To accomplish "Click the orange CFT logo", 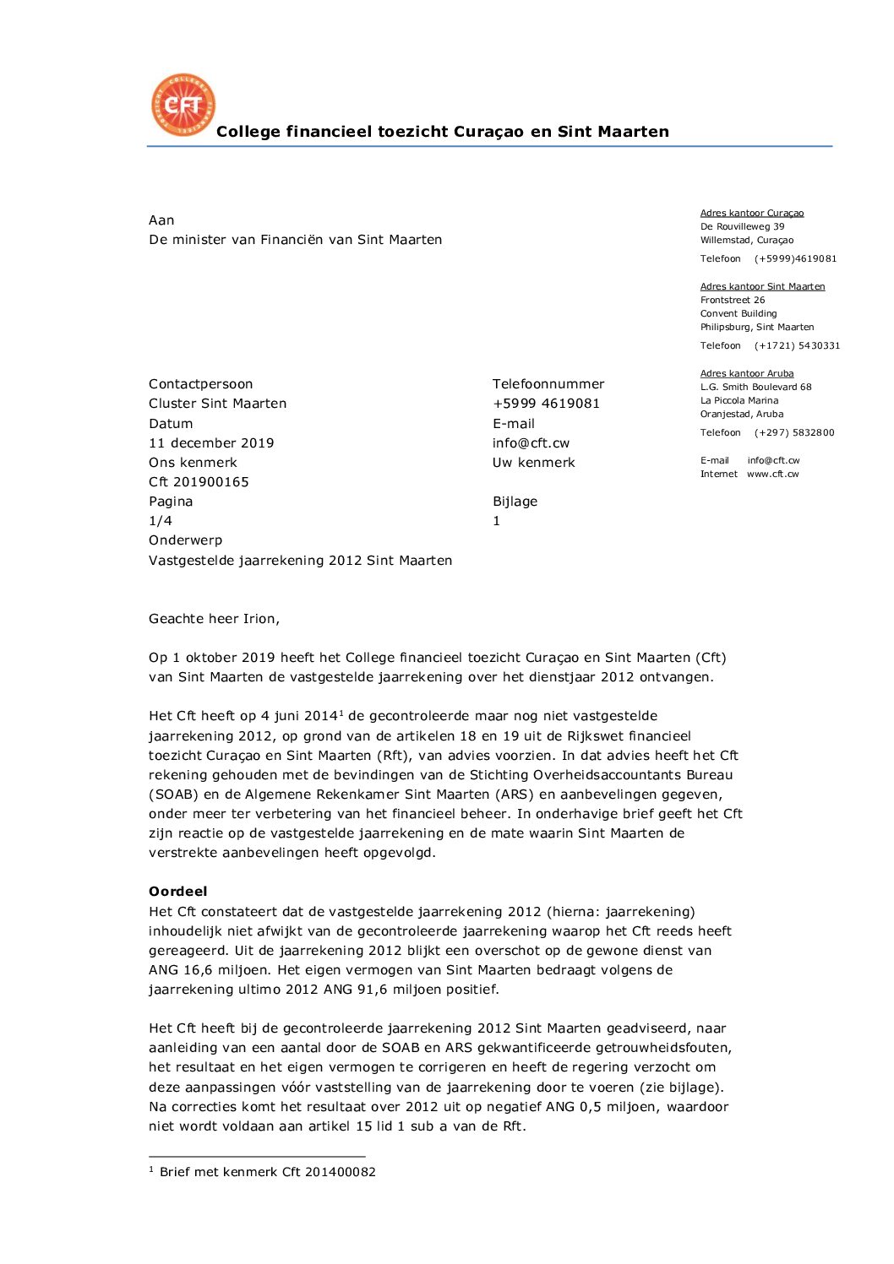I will pyautogui.click(x=183, y=106).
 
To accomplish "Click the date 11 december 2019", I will pyautogui.click(x=211, y=443).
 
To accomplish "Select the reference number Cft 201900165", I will pyautogui.click(x=199, y=482).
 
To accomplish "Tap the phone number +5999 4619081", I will pyautogui.click(x=546, y=404).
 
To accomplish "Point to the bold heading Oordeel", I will pyautogui.click(x=177, y=892).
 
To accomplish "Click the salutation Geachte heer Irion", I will pyautogui.click(x=214, y=619).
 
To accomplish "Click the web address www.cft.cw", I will pyautogui.click(x=772, y=474).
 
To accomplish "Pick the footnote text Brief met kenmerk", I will pyautogui.click(x=267, y=1172).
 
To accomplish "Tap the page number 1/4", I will pyautogui.click(x=161, y=521).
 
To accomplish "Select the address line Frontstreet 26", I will pyautogui.click(x=733, y=300).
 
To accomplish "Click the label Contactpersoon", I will pyautogui.click(x=200, y=384).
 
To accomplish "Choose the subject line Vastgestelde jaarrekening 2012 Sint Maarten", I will pyautogui.click(x=300, y=561).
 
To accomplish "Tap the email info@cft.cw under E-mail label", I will pyautogui.click(x=531, y=443).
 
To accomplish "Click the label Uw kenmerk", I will pyautogui.click(x=533, y=463).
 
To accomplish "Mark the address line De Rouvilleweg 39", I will pyautogui.click(x=742, y=226).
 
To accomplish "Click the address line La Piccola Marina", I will pyautogui.click(x=739, y=400).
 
